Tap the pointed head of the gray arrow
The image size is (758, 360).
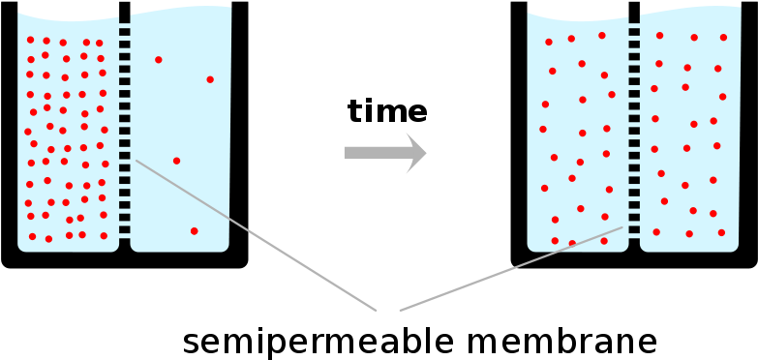click(x=417, y=153)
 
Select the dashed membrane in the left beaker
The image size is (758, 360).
click(x=125, y=131)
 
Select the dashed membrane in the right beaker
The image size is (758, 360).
click(x=634, y=131)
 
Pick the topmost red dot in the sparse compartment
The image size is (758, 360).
click(x=159, y=60)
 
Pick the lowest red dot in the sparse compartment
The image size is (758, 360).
click(x=194, y=231)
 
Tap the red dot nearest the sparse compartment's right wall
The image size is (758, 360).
click(x=210, y=79)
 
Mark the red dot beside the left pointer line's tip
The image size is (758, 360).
click(x=176, y=161)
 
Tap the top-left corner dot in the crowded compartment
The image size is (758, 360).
click(x=31, y=40)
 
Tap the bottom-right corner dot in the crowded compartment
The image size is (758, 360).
click(x=104, y=236)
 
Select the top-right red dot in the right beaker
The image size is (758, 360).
click(x=723, y=38)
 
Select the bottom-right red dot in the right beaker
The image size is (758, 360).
click(x=721, y=232)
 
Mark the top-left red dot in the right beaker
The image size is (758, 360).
click(x=549, y=42)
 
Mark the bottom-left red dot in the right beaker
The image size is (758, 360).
click(x=555, y=241)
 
